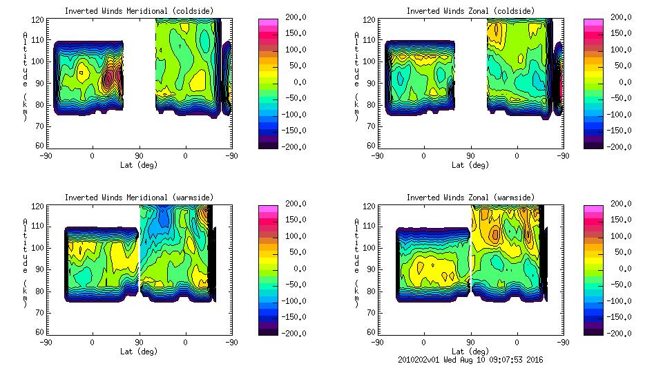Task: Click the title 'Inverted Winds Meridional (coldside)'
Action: (139, 11)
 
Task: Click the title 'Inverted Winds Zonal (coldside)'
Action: (470, 11)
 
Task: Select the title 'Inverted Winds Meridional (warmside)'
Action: (139, 198)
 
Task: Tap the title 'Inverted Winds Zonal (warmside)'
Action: (470, 198)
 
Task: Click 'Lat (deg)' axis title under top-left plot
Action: (139, 165)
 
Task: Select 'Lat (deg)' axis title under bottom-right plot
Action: (471, 351)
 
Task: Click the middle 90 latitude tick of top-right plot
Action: (471, 155)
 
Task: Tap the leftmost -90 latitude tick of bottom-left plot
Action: (46, 342)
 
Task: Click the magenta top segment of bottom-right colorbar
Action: (595, 209)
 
